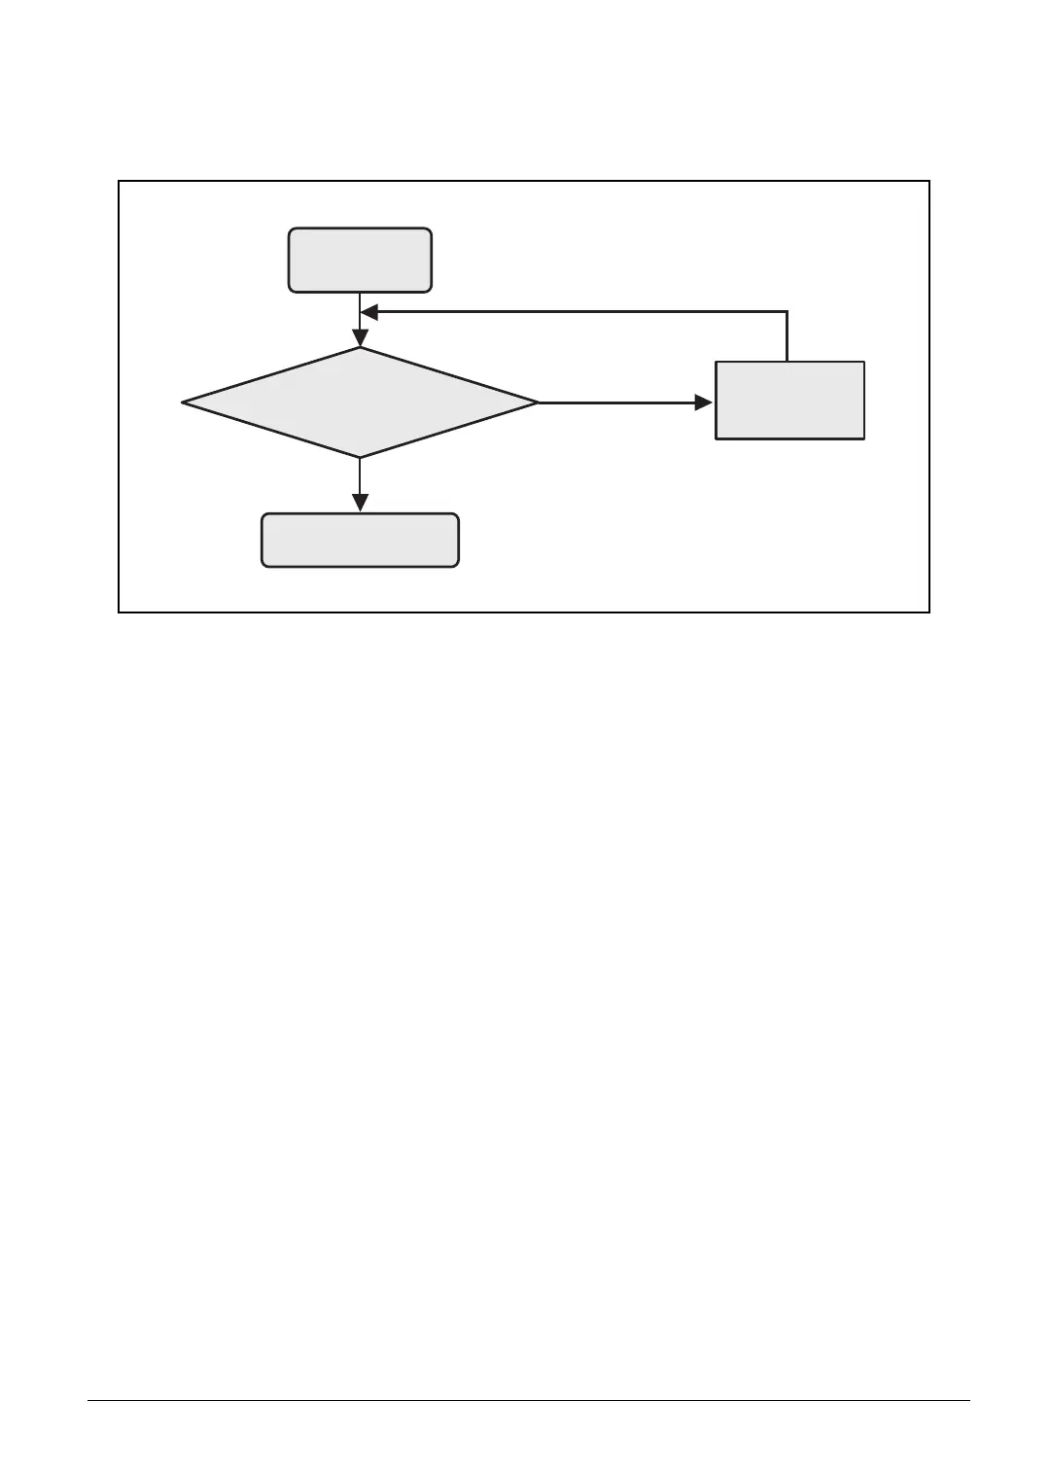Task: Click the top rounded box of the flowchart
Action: point(360,260)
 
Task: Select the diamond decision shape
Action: point(360,402)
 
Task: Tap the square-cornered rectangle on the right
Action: point(789,400)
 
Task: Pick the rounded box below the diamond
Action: point(360,540)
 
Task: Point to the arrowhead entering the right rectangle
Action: point(704,402)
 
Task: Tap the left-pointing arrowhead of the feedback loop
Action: point(369,312)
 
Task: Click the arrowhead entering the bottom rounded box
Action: point(360,504)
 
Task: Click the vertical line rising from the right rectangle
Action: point(787,336)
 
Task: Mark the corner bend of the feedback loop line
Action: point(787,312)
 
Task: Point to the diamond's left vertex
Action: point(184,402)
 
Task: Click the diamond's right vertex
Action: point(537,402)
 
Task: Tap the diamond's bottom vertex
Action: point(360,457)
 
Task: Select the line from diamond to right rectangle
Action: point(617,402)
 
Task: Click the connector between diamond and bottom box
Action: point(360,476)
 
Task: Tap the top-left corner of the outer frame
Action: point(119,181)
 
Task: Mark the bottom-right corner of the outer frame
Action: point(929,612)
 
